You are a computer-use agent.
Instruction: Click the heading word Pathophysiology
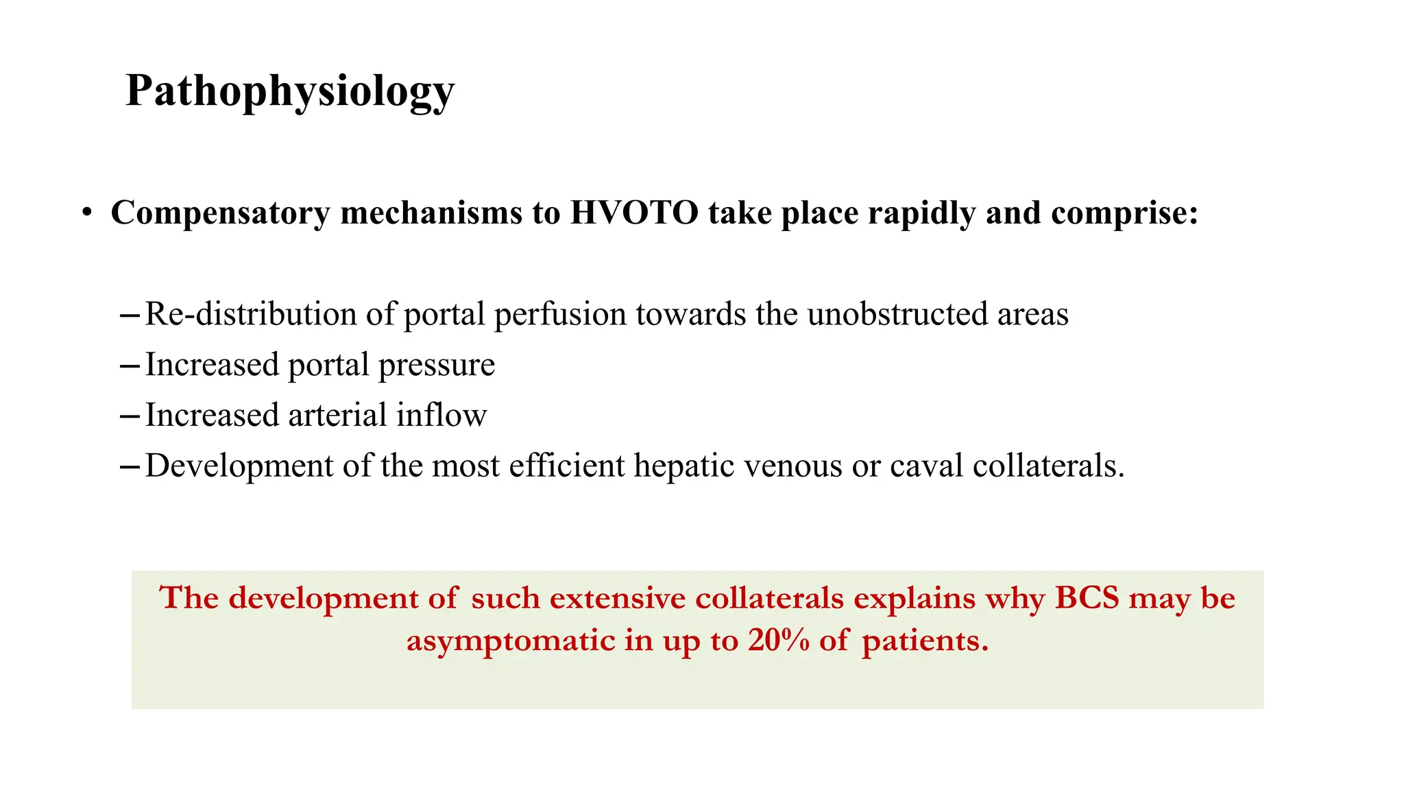(289, 91)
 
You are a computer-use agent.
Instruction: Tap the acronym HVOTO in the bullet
(633, 213)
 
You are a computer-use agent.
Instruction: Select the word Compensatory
(220, 213)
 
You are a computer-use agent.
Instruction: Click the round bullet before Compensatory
(86, 213)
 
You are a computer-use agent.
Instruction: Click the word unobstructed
(897, 314)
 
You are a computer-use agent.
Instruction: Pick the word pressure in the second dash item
(436, 365)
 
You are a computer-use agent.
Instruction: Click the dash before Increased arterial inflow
(130, 416)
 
